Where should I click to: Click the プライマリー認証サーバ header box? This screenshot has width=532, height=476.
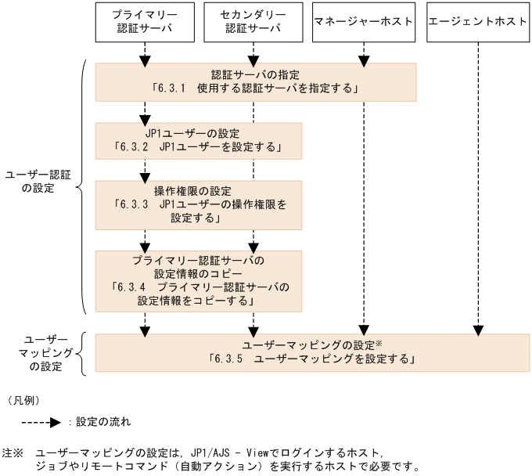(x=144, y=22)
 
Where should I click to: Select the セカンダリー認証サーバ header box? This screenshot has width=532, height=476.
(x=253, y=22)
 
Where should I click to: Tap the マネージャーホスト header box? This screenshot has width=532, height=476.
(x=362, y=22)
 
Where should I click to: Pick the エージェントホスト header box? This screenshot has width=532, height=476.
(x=477, y=22)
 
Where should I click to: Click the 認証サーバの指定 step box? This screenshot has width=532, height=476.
(x=256, y=82)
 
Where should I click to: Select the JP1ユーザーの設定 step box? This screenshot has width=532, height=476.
(x=198, y=139)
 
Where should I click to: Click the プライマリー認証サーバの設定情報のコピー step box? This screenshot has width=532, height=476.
(x=198, y=279)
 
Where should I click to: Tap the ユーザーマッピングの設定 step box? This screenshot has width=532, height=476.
(x=311, y=352)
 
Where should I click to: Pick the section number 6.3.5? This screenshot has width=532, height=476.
(x=230, y=360)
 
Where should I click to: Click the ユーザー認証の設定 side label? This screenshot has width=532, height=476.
(x=38, y=182)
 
